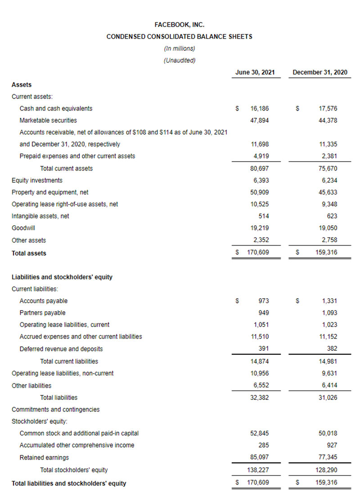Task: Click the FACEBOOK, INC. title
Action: [180, 25]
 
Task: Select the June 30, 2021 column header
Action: [255, 72]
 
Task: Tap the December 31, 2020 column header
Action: [319, 72]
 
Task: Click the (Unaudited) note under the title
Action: [180, 60]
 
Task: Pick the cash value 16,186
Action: [260, 108]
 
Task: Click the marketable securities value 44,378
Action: [328, 120]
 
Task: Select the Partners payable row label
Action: [42, 313]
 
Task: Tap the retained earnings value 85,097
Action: [260, 457]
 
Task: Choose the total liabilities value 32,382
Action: [260, 398]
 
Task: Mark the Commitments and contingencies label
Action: [55, 409]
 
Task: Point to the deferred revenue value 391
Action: [263, 349]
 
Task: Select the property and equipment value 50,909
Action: [260, 192]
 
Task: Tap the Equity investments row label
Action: [37, 180]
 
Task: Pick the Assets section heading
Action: [22, 85]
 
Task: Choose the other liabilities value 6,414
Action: [329, 385]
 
